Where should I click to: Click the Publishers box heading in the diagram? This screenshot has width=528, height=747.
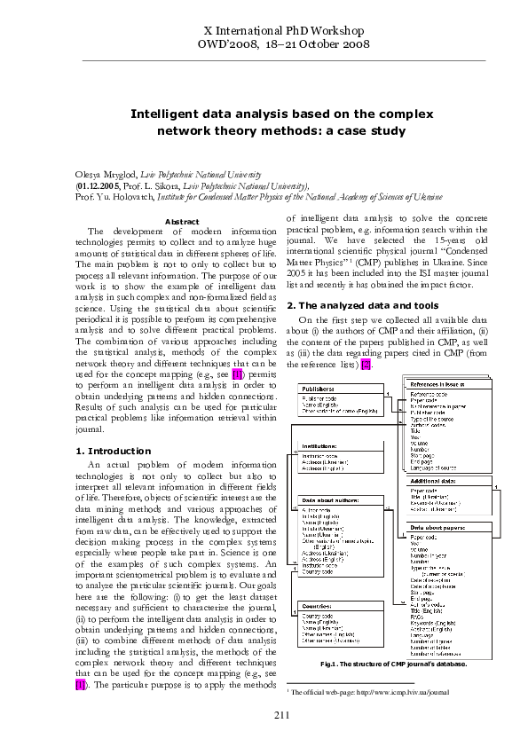click(319, 389)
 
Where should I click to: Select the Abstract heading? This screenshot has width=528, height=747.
click(182, 221)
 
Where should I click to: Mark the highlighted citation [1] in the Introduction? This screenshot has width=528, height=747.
click(82, 660)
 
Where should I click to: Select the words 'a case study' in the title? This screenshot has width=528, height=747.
click(367, 130)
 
